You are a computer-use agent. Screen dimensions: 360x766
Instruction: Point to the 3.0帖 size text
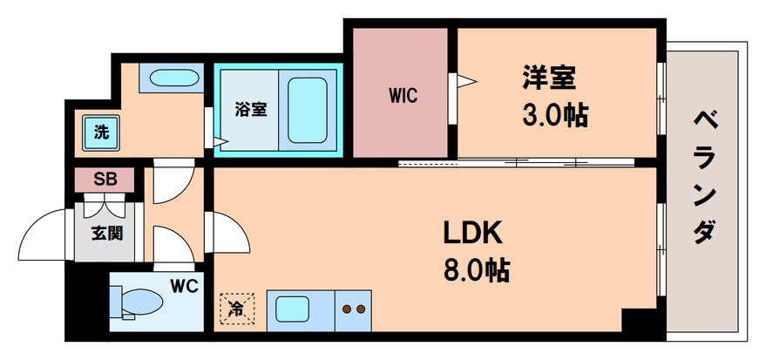554,114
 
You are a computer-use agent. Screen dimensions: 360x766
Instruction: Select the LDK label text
471,233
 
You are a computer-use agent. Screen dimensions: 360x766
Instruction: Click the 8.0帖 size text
476,269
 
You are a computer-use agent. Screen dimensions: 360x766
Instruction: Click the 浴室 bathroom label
250,110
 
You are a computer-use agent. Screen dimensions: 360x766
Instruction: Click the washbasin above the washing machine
174,78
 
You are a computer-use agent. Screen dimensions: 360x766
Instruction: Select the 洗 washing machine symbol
103,133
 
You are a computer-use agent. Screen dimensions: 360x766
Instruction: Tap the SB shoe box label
105,180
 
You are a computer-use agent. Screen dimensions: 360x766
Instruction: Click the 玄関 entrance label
105,233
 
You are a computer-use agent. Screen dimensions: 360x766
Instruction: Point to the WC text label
183,285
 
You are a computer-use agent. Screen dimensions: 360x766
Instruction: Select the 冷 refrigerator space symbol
235,307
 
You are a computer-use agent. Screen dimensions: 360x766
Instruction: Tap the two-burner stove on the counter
353,309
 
